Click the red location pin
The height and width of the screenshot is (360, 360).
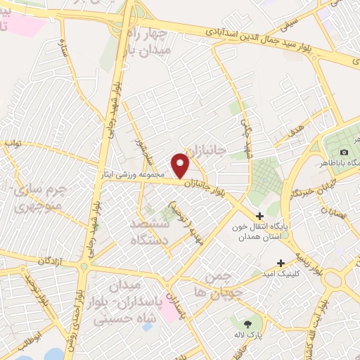(181, 165)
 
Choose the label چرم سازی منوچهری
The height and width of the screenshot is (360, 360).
(40, 198)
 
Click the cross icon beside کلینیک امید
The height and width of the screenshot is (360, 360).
(281, 262)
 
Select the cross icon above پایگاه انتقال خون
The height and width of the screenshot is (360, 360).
(259, 216)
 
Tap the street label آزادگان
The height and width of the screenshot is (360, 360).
(49, 261)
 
